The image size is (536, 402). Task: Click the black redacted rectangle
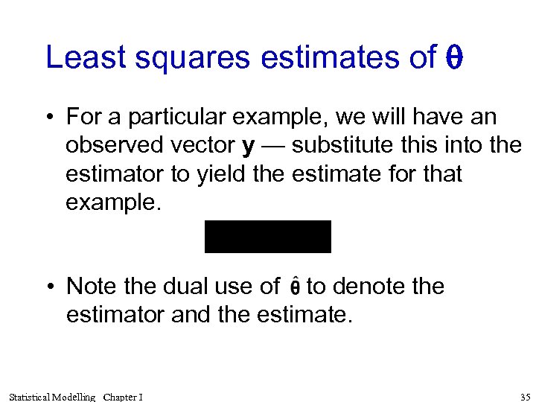[x=267, y=237]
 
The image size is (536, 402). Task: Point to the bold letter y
[x=249, y=146]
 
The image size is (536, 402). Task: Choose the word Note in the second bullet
[x=90, y=286]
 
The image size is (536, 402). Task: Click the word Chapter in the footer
[x=120, y=397]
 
